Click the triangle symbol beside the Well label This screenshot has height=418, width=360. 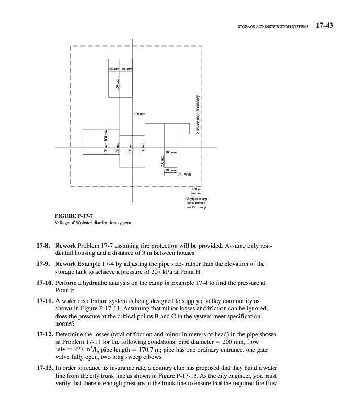point(180,175)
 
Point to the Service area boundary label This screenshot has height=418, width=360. point(198,115)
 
